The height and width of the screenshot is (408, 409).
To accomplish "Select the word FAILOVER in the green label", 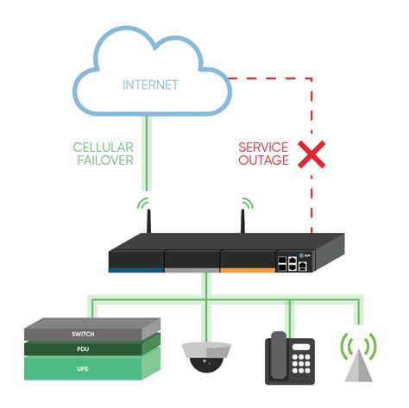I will pos(101,160).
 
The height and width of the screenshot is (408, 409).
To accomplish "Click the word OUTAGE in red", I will pos(264,160).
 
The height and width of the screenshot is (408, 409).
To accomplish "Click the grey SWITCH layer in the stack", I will pos(91,332).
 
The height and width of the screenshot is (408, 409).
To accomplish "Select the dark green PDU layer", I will pos(91,349).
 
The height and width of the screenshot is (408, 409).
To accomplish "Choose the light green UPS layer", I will pos(91,368).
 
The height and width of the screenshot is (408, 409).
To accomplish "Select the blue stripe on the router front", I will pos(135,269).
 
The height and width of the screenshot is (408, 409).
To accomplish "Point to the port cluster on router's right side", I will pos(292,261).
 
